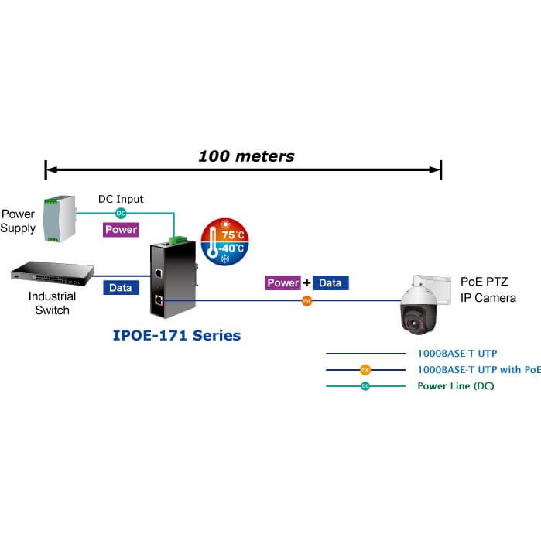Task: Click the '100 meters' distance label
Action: pyautogui.click(x=246, y=156)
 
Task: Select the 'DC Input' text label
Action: pyautogui.click(x=121, y=199)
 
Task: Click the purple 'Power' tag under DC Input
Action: pyautogui.click(x=121, y=229)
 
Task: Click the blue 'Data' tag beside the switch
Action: pyautogui.click(x=120, y=287)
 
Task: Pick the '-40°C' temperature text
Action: pyautogui.click(x=233, y=249)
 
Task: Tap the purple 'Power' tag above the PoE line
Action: pyautogui.click(x=282, y=283)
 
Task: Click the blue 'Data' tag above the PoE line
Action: pyautogui.click(x=330, y=283)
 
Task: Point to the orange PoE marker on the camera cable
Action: pyautogui.click(x=306, y=300)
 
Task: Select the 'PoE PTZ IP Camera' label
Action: pyautogui.click(x=488, y=289)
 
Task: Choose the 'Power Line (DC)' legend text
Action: pyautogui.click(x=456, y=385)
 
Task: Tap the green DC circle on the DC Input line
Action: pyautogui.click(x=121, y=213)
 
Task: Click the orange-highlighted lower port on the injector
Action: pyautogui.click(x=158, y=299)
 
